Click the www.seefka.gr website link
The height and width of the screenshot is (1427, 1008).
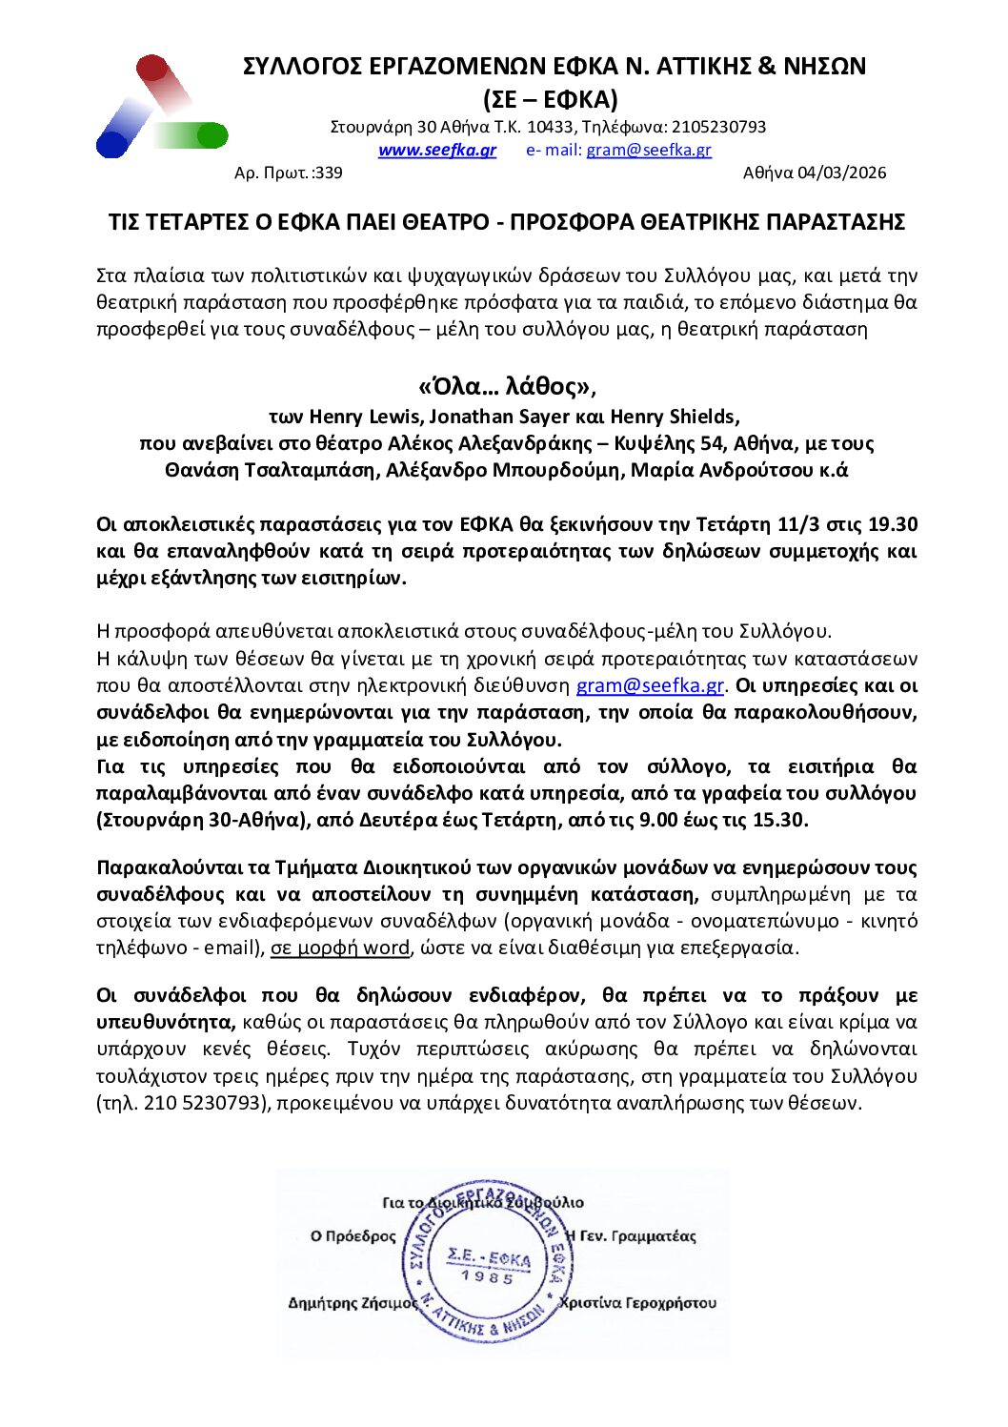[436, 151]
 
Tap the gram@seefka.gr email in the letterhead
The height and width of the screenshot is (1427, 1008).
[648, 151]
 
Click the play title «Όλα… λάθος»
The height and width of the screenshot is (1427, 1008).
[505, 386]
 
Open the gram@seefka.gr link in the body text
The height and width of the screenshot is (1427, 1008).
[651, 685]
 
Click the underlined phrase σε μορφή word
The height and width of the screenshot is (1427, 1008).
[340, 948]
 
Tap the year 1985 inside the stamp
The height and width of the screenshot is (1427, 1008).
[487, 1277]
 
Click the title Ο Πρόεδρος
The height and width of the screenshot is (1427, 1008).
[353, 1236]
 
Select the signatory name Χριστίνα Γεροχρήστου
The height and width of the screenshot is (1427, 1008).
[637, 1303]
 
